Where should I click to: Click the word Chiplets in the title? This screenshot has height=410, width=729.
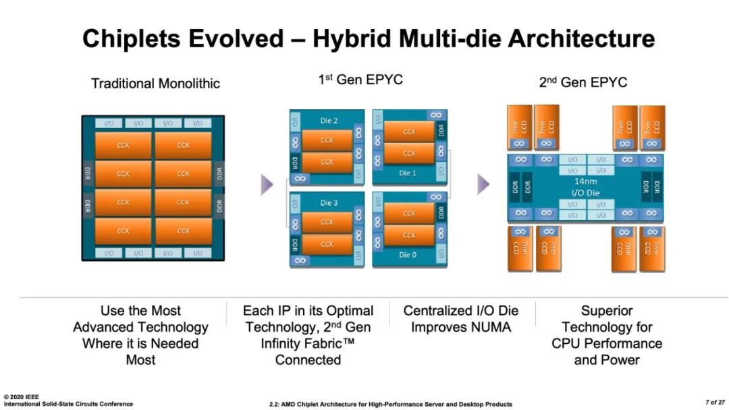(132, 39)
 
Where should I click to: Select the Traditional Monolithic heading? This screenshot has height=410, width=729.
(155, 84)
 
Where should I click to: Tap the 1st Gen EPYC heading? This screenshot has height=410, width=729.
(360, 80)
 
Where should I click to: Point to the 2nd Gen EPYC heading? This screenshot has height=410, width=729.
(583, 82)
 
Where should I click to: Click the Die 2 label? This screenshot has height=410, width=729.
(329, 121)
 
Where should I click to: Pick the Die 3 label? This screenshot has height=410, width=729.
(329, 203)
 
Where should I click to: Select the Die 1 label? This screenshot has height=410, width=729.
(408, 173)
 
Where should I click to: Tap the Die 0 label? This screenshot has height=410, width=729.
(408, 255)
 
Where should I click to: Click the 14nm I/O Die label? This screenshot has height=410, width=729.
(585, 187)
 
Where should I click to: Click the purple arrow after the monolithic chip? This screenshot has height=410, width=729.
(267, 185)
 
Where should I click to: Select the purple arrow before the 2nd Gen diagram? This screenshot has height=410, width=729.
(483, 184)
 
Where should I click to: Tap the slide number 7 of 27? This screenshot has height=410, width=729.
(715, 402)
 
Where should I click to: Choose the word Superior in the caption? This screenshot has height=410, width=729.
(607, 311)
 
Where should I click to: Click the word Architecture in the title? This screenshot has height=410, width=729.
(581, 39)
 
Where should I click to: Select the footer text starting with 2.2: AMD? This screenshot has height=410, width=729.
(391, 405)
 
